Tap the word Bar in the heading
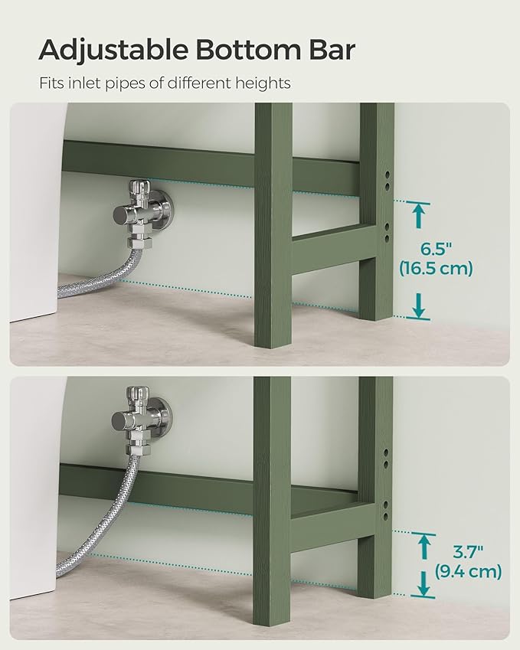point(330,50)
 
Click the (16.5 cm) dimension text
point(436,268)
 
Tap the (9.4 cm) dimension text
point(467,570)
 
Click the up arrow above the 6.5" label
point(418,214)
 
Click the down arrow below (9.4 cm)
point(423,586)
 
